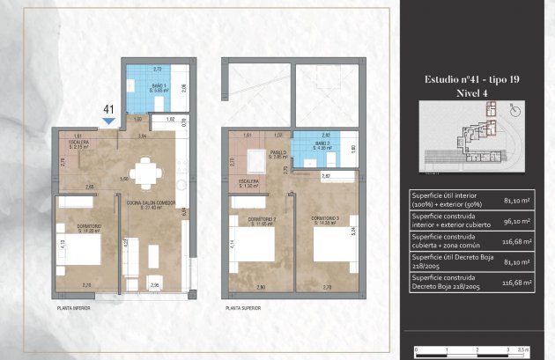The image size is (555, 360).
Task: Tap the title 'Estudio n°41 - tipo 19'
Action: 471,79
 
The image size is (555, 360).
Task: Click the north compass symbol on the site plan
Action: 517,110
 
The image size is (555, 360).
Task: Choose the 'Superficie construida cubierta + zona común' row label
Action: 447,242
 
